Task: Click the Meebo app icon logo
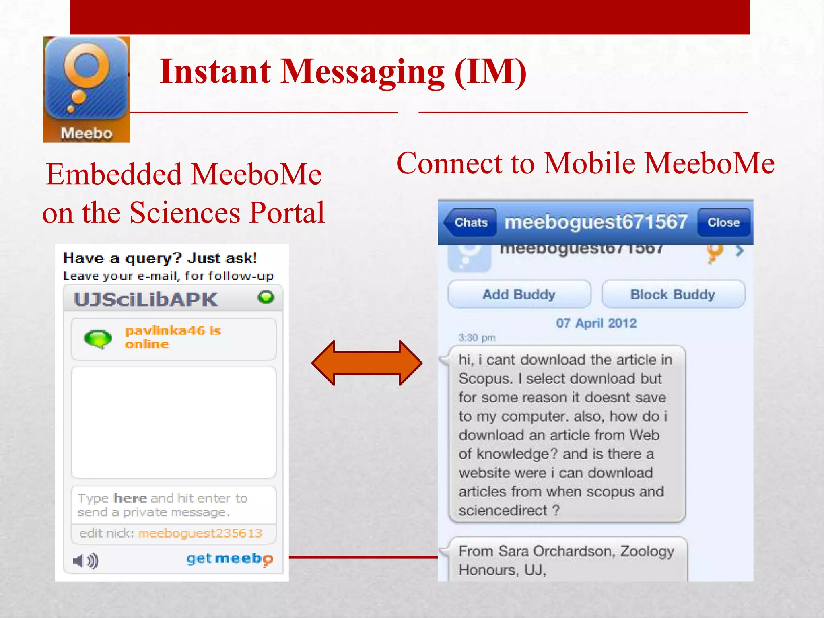pos(86,89)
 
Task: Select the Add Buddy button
pos(519,295)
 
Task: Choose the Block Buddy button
pos(673,295)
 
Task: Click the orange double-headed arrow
pos(367,363)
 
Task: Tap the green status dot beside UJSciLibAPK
pos(266,297)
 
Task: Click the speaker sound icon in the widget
pos(86,560)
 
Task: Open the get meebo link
pos(230,559)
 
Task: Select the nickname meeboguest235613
pos(200,534)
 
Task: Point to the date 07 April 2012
pos(596,323)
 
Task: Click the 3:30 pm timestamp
pos(477,338)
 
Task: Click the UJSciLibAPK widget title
pos(146,300)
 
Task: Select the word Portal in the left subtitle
pos(287,213)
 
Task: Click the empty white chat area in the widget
pos(173,422)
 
